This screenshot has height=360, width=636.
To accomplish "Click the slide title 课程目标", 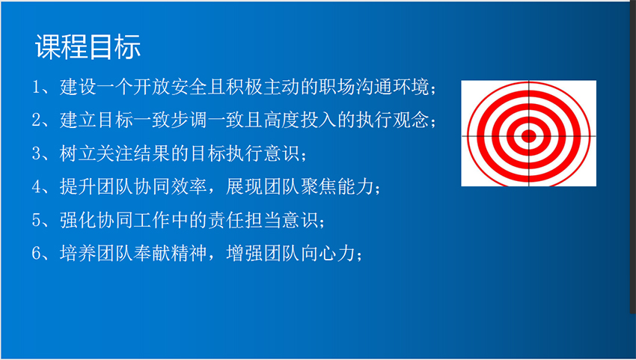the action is pyautogui.click(x=88, y=46).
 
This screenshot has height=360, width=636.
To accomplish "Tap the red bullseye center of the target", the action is pyautogui.click(x=528, y=136).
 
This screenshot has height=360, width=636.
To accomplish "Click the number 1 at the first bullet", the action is pyautogui.click(x=37, y=88).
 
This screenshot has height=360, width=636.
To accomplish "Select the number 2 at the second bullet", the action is pyautogui.click(x=37, y=120).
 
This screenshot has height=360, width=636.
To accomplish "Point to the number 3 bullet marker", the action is pyautogui.click(x=37, y=153).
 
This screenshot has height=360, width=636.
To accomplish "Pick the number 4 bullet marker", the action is pyautogui.click(x=37, y=186).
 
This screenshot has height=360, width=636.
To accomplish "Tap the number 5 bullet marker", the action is pyautogui.click(x=37, y=220).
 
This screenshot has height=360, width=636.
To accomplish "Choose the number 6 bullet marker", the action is pyautogui.click(x=37, y=253).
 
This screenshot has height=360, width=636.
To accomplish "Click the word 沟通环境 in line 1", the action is pyautogui.click(x=392, y=88).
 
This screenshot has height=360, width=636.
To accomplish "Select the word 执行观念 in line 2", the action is pyautogui.click(x=392, y=120).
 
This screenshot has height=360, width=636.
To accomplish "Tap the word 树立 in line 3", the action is pyautogui.click(x=78, y=153).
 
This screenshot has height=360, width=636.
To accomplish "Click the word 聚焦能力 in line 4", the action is pyautogui.click(x=337, y=186).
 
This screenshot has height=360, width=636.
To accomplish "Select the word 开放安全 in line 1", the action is pyautogui.click(x=170, y=88).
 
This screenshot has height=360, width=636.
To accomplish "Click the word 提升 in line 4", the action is pyautogui.click(x=78, y=186).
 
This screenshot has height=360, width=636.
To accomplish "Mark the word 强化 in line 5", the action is pyautogui.click(x=78, y=220).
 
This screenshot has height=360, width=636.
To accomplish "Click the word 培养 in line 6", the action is pyautogui.click(x=78, y=253).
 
